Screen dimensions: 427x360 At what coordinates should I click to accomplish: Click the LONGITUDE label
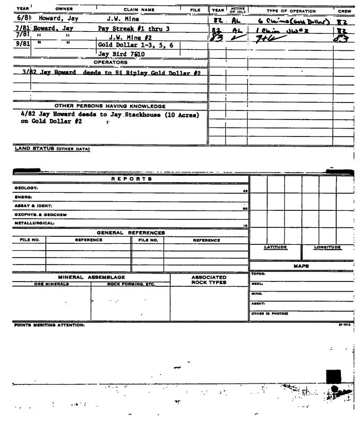pos(328,247)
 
